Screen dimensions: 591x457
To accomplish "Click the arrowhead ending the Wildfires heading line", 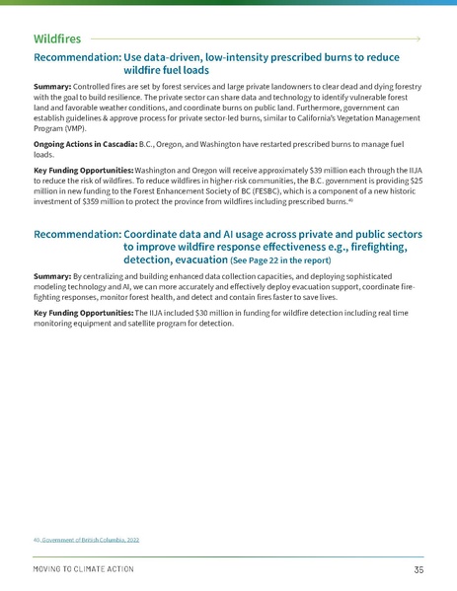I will click(x=420, y=37).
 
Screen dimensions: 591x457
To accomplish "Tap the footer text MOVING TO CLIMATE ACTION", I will click(x=84, y=570).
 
